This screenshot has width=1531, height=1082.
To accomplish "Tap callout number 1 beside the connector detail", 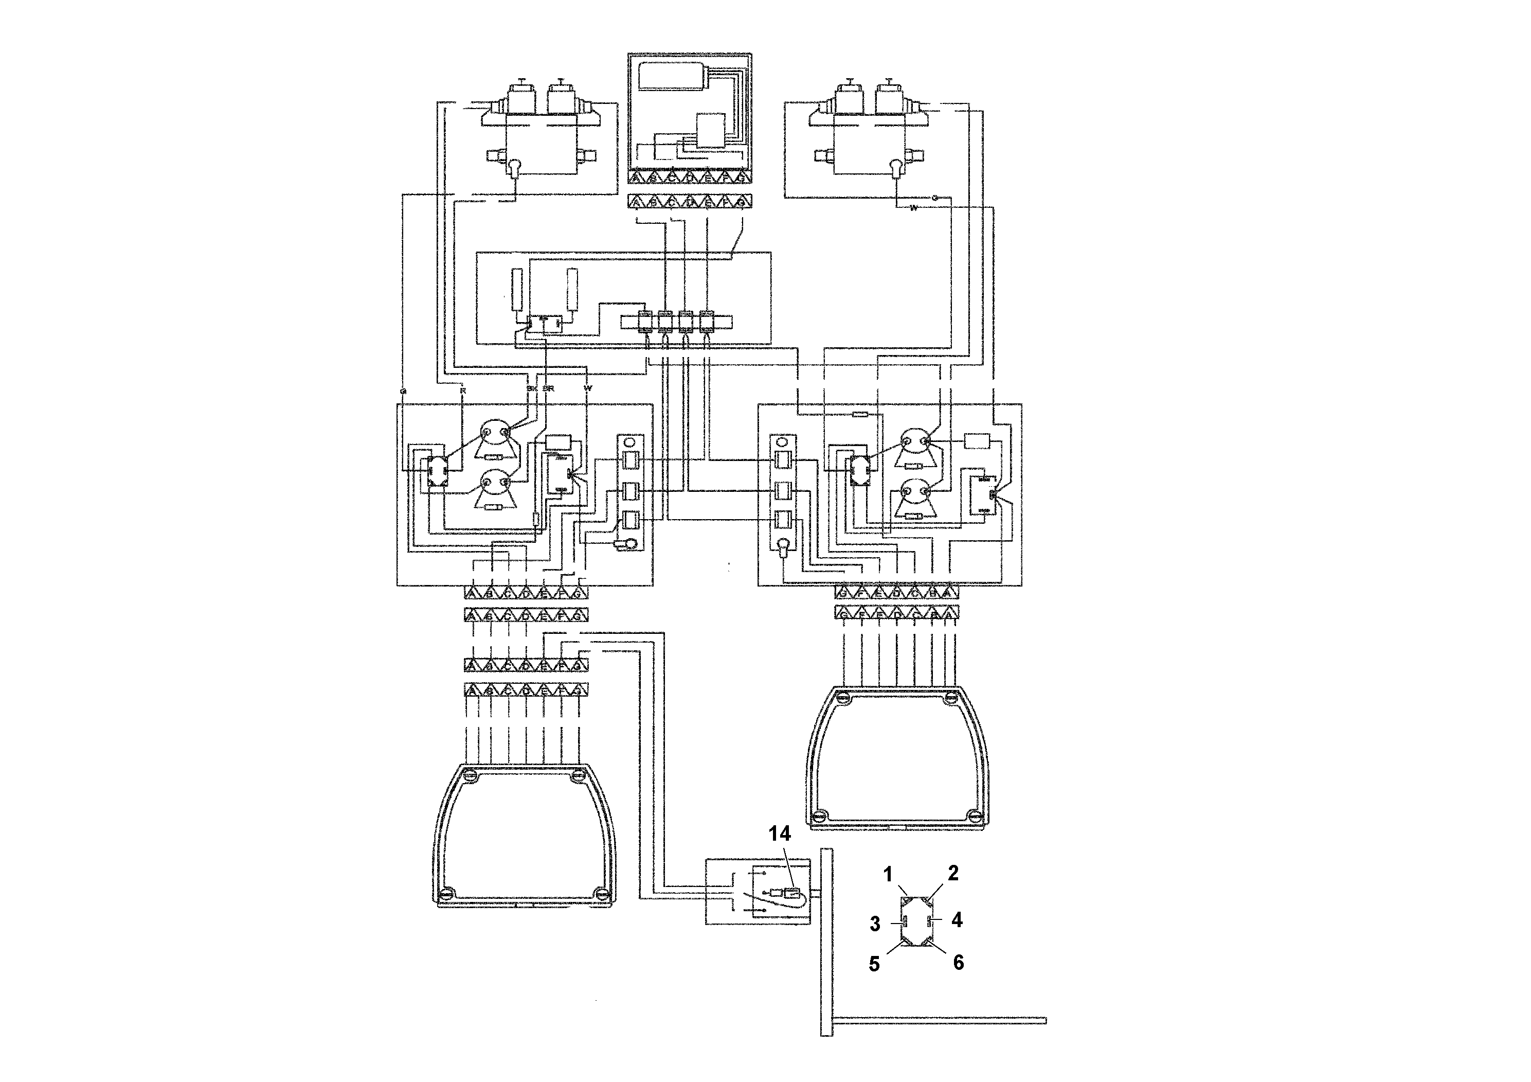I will pos(888,874).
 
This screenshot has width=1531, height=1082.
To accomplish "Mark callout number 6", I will pos(958,962).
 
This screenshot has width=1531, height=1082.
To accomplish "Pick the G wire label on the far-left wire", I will pos(402,391).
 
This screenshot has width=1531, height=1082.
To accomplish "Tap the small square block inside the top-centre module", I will pos(711,130).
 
